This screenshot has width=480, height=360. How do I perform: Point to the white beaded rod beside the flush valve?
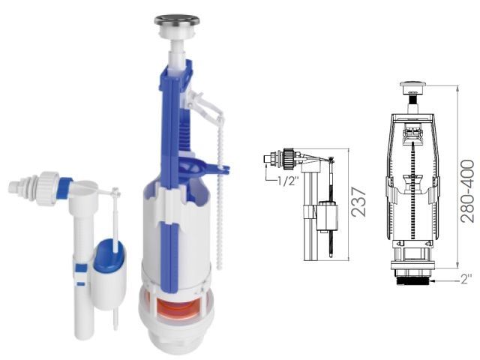(220, 202)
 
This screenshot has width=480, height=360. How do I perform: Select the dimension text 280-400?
(467, 190)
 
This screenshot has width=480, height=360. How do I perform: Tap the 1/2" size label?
(288, 180)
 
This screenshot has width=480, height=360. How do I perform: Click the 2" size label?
(466, 280)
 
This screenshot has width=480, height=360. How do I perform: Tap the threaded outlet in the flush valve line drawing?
(412, 280)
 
